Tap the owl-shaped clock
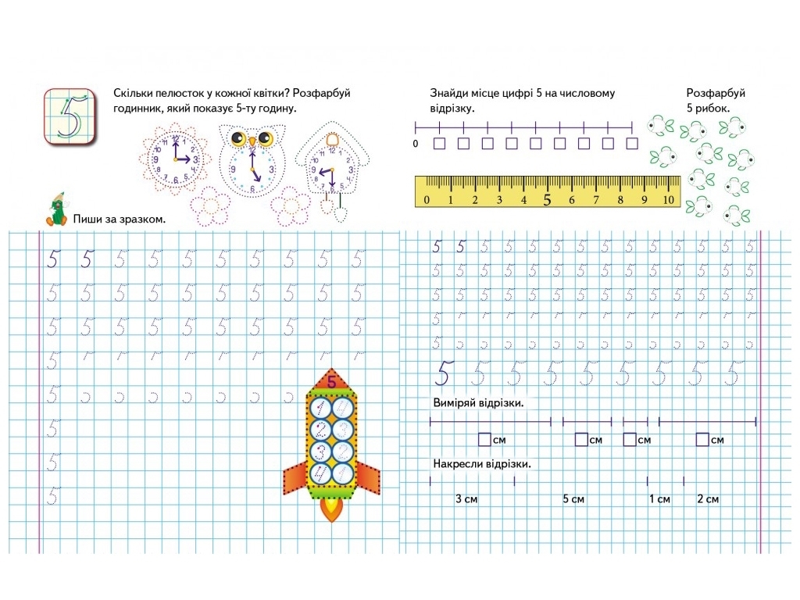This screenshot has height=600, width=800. [x=252, y=159]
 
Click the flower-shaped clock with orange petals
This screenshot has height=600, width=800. [x=175, y=159]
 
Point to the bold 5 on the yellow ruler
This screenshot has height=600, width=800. [x=548, y=199]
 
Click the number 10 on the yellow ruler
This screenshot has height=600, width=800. [x=669, y=199]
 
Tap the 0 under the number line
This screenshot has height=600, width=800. [x=416, y=144]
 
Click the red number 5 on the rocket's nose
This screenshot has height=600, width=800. [x=331, y=381]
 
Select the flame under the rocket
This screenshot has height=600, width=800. [x=331, y=509]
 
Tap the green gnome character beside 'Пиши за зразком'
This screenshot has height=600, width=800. [x=56, y=209]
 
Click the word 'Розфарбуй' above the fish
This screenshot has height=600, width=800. [x=716, y=93]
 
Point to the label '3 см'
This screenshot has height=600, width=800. [x=466, y=499]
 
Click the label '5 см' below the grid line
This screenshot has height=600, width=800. [x=573, y=499]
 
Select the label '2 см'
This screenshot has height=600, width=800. [x=708, y=499]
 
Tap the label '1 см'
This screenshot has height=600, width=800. [x=659, y=499]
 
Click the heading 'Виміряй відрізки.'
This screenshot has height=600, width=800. [x=479, y=402]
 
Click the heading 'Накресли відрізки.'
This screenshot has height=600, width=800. [x=482, y=464]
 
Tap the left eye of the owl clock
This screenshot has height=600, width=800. [x=238, y=138]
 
